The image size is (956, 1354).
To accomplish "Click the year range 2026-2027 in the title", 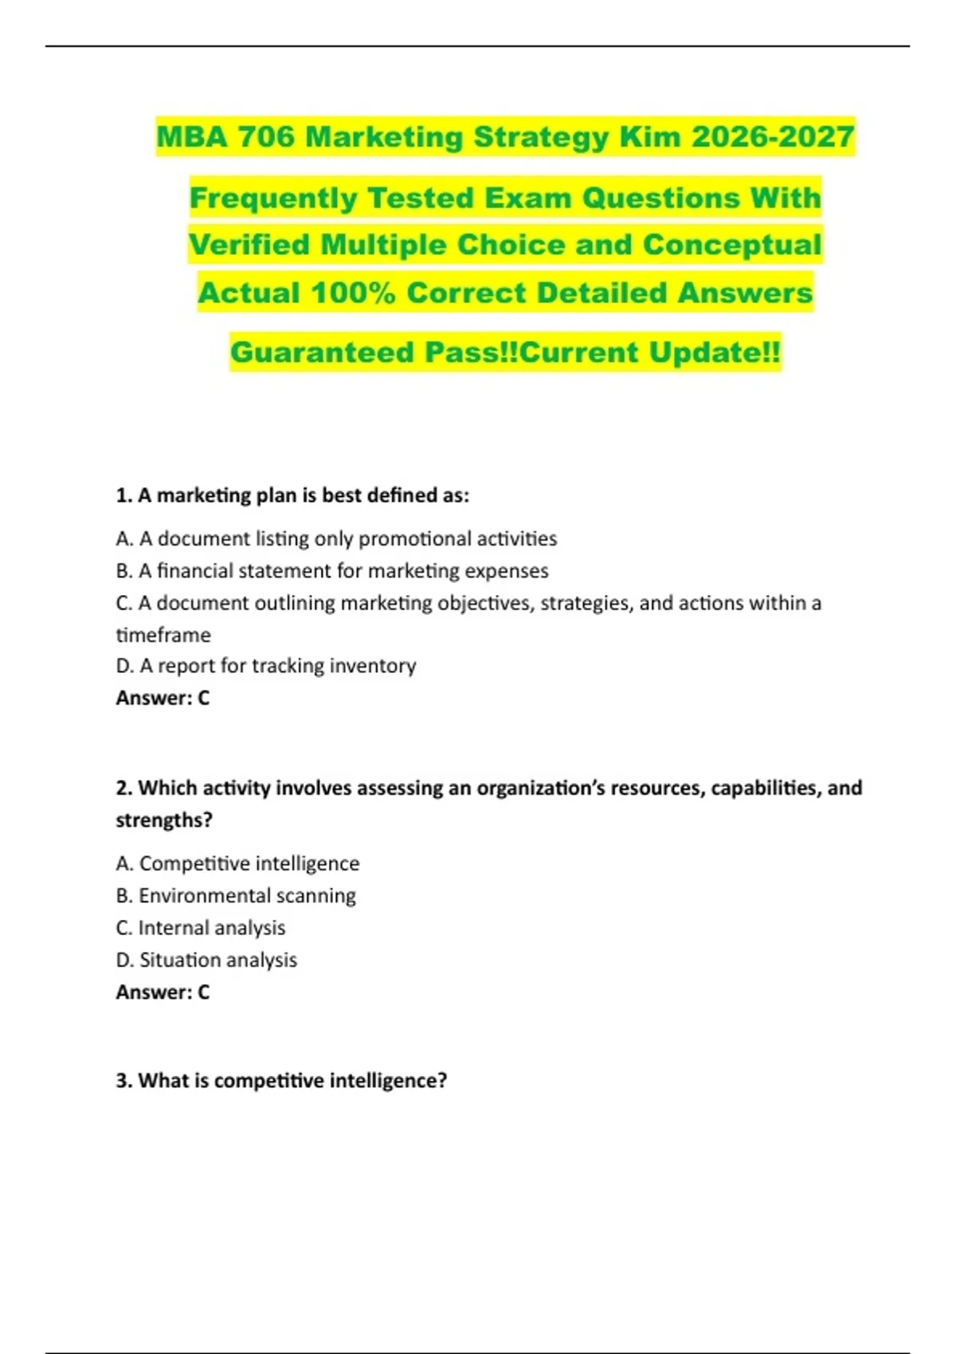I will [773, 137].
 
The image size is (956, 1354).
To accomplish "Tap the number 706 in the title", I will [266, 137].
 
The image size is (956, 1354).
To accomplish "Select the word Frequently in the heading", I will [273, 198].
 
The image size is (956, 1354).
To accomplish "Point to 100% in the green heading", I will [353, 293].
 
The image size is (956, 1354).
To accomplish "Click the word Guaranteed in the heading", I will [322, 353].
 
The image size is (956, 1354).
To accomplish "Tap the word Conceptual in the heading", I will [731, 245].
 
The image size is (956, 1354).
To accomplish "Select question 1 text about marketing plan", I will [292, 495].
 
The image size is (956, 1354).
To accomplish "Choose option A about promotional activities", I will [336, 539].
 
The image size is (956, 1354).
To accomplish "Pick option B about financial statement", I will [332, 571].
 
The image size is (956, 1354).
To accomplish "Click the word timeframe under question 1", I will [163, 635].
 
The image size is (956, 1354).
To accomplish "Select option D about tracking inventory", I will [266, 666].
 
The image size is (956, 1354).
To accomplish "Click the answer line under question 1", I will [163, 699].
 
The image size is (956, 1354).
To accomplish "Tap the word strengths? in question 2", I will [164, 820].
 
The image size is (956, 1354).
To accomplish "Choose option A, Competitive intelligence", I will [237, 863].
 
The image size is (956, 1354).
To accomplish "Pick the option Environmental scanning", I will [236, 896].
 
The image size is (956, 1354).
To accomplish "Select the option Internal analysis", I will [201, 928].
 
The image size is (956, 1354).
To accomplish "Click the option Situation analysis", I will [206, 961].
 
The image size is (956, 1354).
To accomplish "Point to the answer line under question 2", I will [163, 992].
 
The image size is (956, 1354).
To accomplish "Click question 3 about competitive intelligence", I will [281, 1081].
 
